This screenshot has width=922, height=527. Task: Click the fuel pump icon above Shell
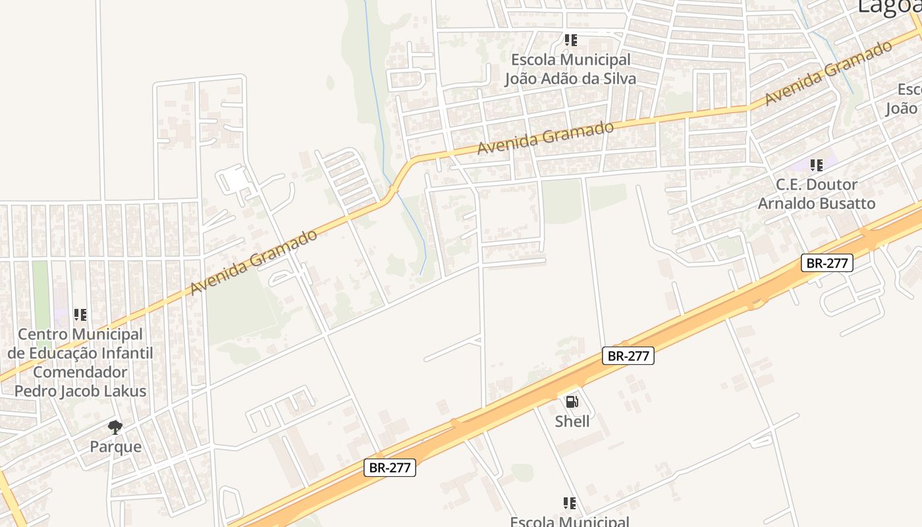point(572,401)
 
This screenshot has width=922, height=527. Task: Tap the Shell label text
point(572,421)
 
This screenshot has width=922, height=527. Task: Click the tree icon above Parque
point(115,427)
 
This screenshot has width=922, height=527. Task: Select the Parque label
point(116,447)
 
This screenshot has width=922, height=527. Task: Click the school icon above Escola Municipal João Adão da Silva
point(570,40)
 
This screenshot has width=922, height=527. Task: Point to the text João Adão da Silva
point(570,79)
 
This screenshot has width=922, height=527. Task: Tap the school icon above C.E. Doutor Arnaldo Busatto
point(817,165)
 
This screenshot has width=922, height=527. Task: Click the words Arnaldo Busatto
point(817,204)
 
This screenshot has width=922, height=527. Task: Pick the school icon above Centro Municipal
point(80,315)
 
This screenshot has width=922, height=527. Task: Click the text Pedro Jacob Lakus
point(80,391)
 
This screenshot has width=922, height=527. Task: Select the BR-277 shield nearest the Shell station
point(628,356)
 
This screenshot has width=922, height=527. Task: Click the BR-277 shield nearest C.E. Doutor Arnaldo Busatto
point(827,263)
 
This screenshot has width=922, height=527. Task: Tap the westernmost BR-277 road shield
point(390,468)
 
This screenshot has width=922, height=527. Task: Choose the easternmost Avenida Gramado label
point(828,72)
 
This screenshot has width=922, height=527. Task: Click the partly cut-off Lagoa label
point(888,7)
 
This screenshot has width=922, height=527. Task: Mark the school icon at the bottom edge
point(570,504)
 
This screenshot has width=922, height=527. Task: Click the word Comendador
point(80,372)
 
